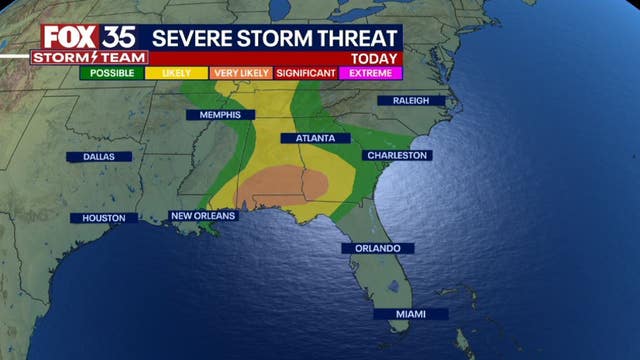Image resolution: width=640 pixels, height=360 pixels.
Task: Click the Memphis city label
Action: [x=213, y=115]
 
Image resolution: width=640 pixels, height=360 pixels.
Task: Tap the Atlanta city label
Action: [x=314, y=138]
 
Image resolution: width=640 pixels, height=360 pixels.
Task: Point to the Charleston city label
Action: [x=397, y=155]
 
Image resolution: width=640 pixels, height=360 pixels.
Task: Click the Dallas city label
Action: [x=100, y=157]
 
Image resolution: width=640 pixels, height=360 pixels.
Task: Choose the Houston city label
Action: [x=104, y=217]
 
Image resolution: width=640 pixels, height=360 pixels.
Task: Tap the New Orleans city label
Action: [x=203, y=215]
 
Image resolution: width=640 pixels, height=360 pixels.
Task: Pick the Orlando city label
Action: [x=377, y=247]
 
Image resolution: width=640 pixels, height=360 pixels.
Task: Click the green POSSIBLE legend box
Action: [x=112, y=73]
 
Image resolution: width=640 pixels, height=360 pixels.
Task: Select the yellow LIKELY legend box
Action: [x=176, y=73]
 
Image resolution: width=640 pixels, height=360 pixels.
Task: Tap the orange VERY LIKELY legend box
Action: [x=240, y=73]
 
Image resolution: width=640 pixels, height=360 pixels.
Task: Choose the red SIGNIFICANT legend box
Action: [x=305, y=73]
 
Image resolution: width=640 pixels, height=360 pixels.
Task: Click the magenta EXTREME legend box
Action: [x=370, y=73]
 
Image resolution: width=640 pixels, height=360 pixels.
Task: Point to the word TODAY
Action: [x=379, y=58]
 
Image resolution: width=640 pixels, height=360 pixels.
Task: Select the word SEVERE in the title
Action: [x=195, y=37]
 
